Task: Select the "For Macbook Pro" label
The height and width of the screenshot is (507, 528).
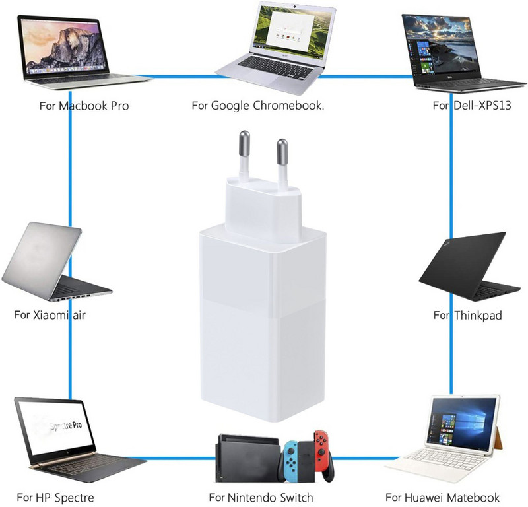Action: coord(84,106)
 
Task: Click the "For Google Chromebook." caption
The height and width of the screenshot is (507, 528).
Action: coord(257,106)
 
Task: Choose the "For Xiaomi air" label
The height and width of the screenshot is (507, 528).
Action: coord(49,314)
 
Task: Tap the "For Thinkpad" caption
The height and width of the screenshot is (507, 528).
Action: coord(467,316)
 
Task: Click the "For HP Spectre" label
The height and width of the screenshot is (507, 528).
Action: coord(55,497)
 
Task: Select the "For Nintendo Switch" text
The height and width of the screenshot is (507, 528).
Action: coord(261,497)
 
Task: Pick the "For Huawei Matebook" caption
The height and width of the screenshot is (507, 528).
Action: coord(443,497)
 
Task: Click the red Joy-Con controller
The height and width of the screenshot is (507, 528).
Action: coord(322,455)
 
